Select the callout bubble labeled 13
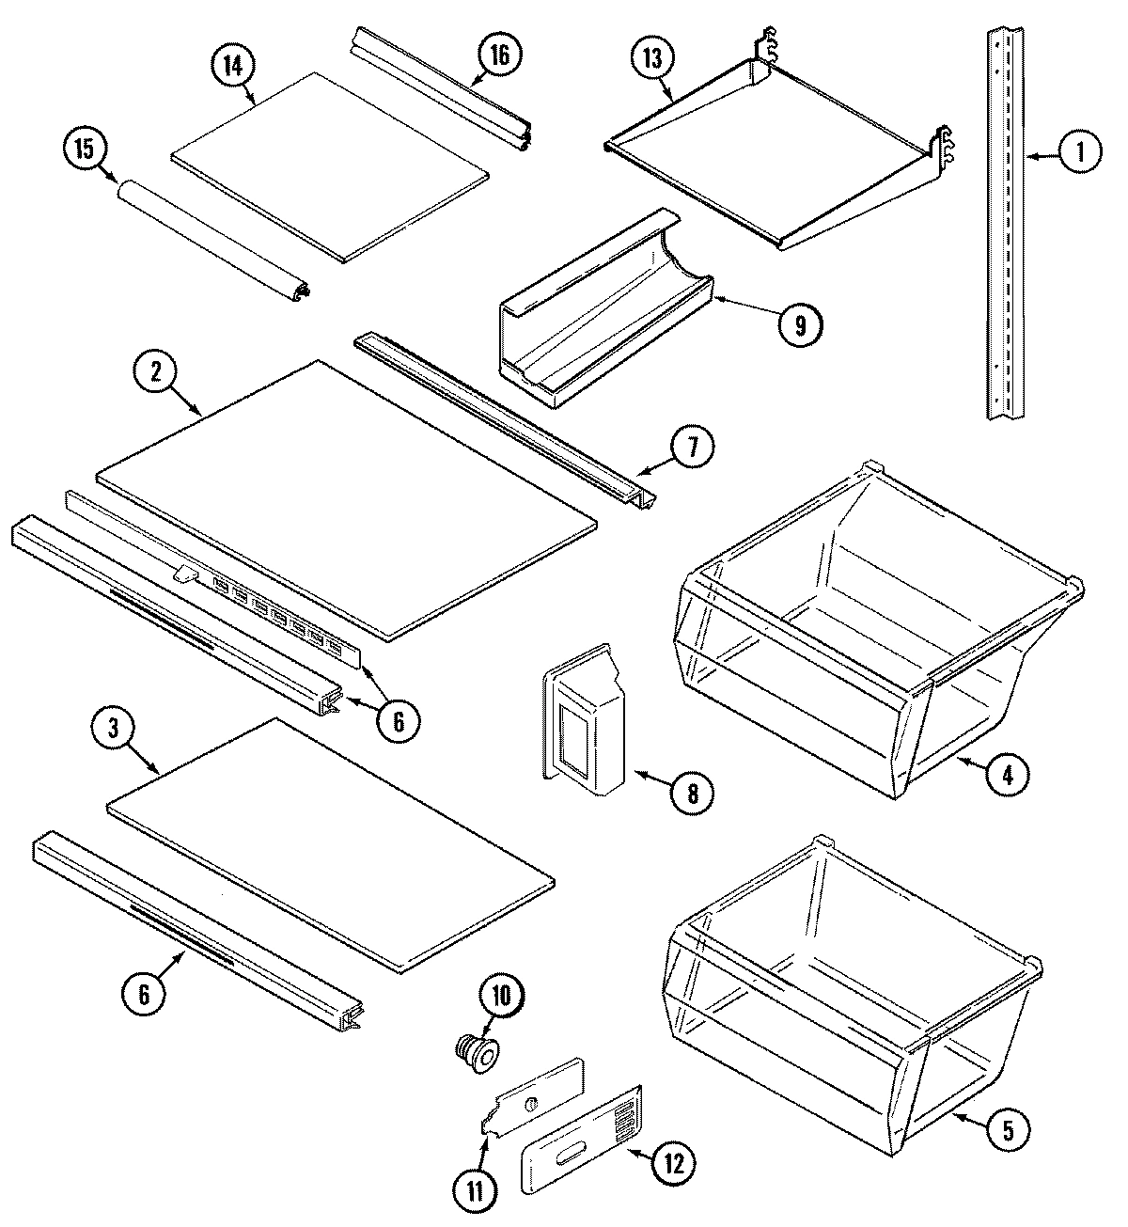click(x=652, y=59)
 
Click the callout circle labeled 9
click(x=799, y=324)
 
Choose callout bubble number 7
click(x=692, y=448)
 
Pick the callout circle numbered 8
click(x=691, y=793)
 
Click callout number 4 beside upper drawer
click(x=1007, y=775)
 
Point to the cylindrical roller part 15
click(x=212, y=240)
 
